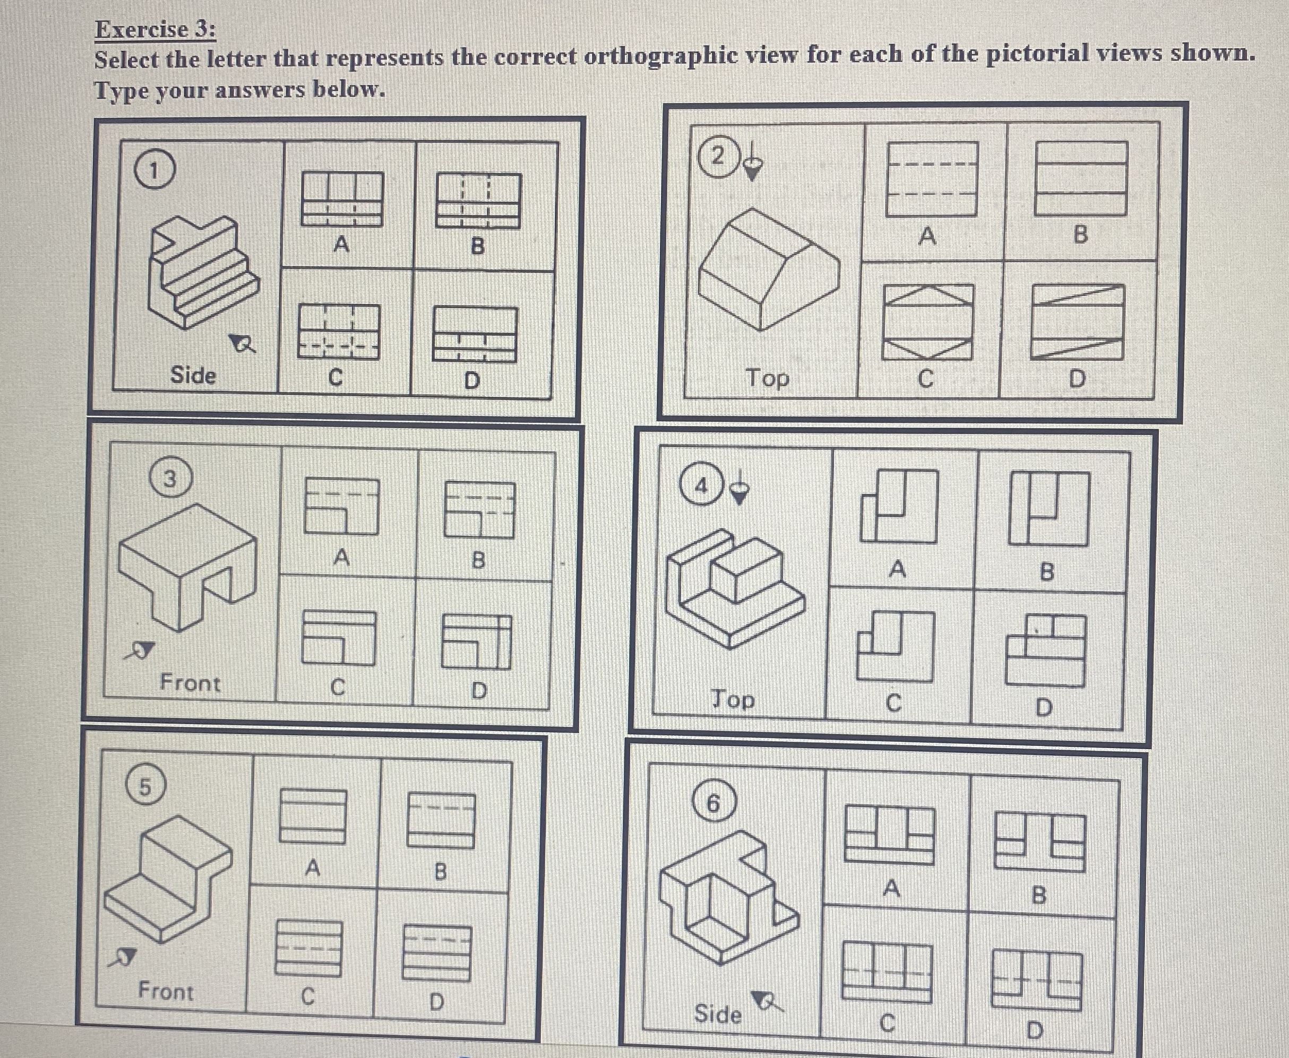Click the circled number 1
tap(154, 171)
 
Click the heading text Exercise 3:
tap(156, 30)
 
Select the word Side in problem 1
tap(193, 375)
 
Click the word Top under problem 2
tap(768, 378)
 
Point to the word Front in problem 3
tap(190, 682)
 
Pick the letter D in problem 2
tap(1077, 379)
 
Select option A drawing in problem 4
tap(899, 506)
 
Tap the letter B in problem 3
tap(479, 559)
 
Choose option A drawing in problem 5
tap(313, 816)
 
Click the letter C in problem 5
tap(308, 996)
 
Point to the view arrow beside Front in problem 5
tap(122, 957)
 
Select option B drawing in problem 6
tap(1039, 844)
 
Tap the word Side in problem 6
tap(718, 1013)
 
